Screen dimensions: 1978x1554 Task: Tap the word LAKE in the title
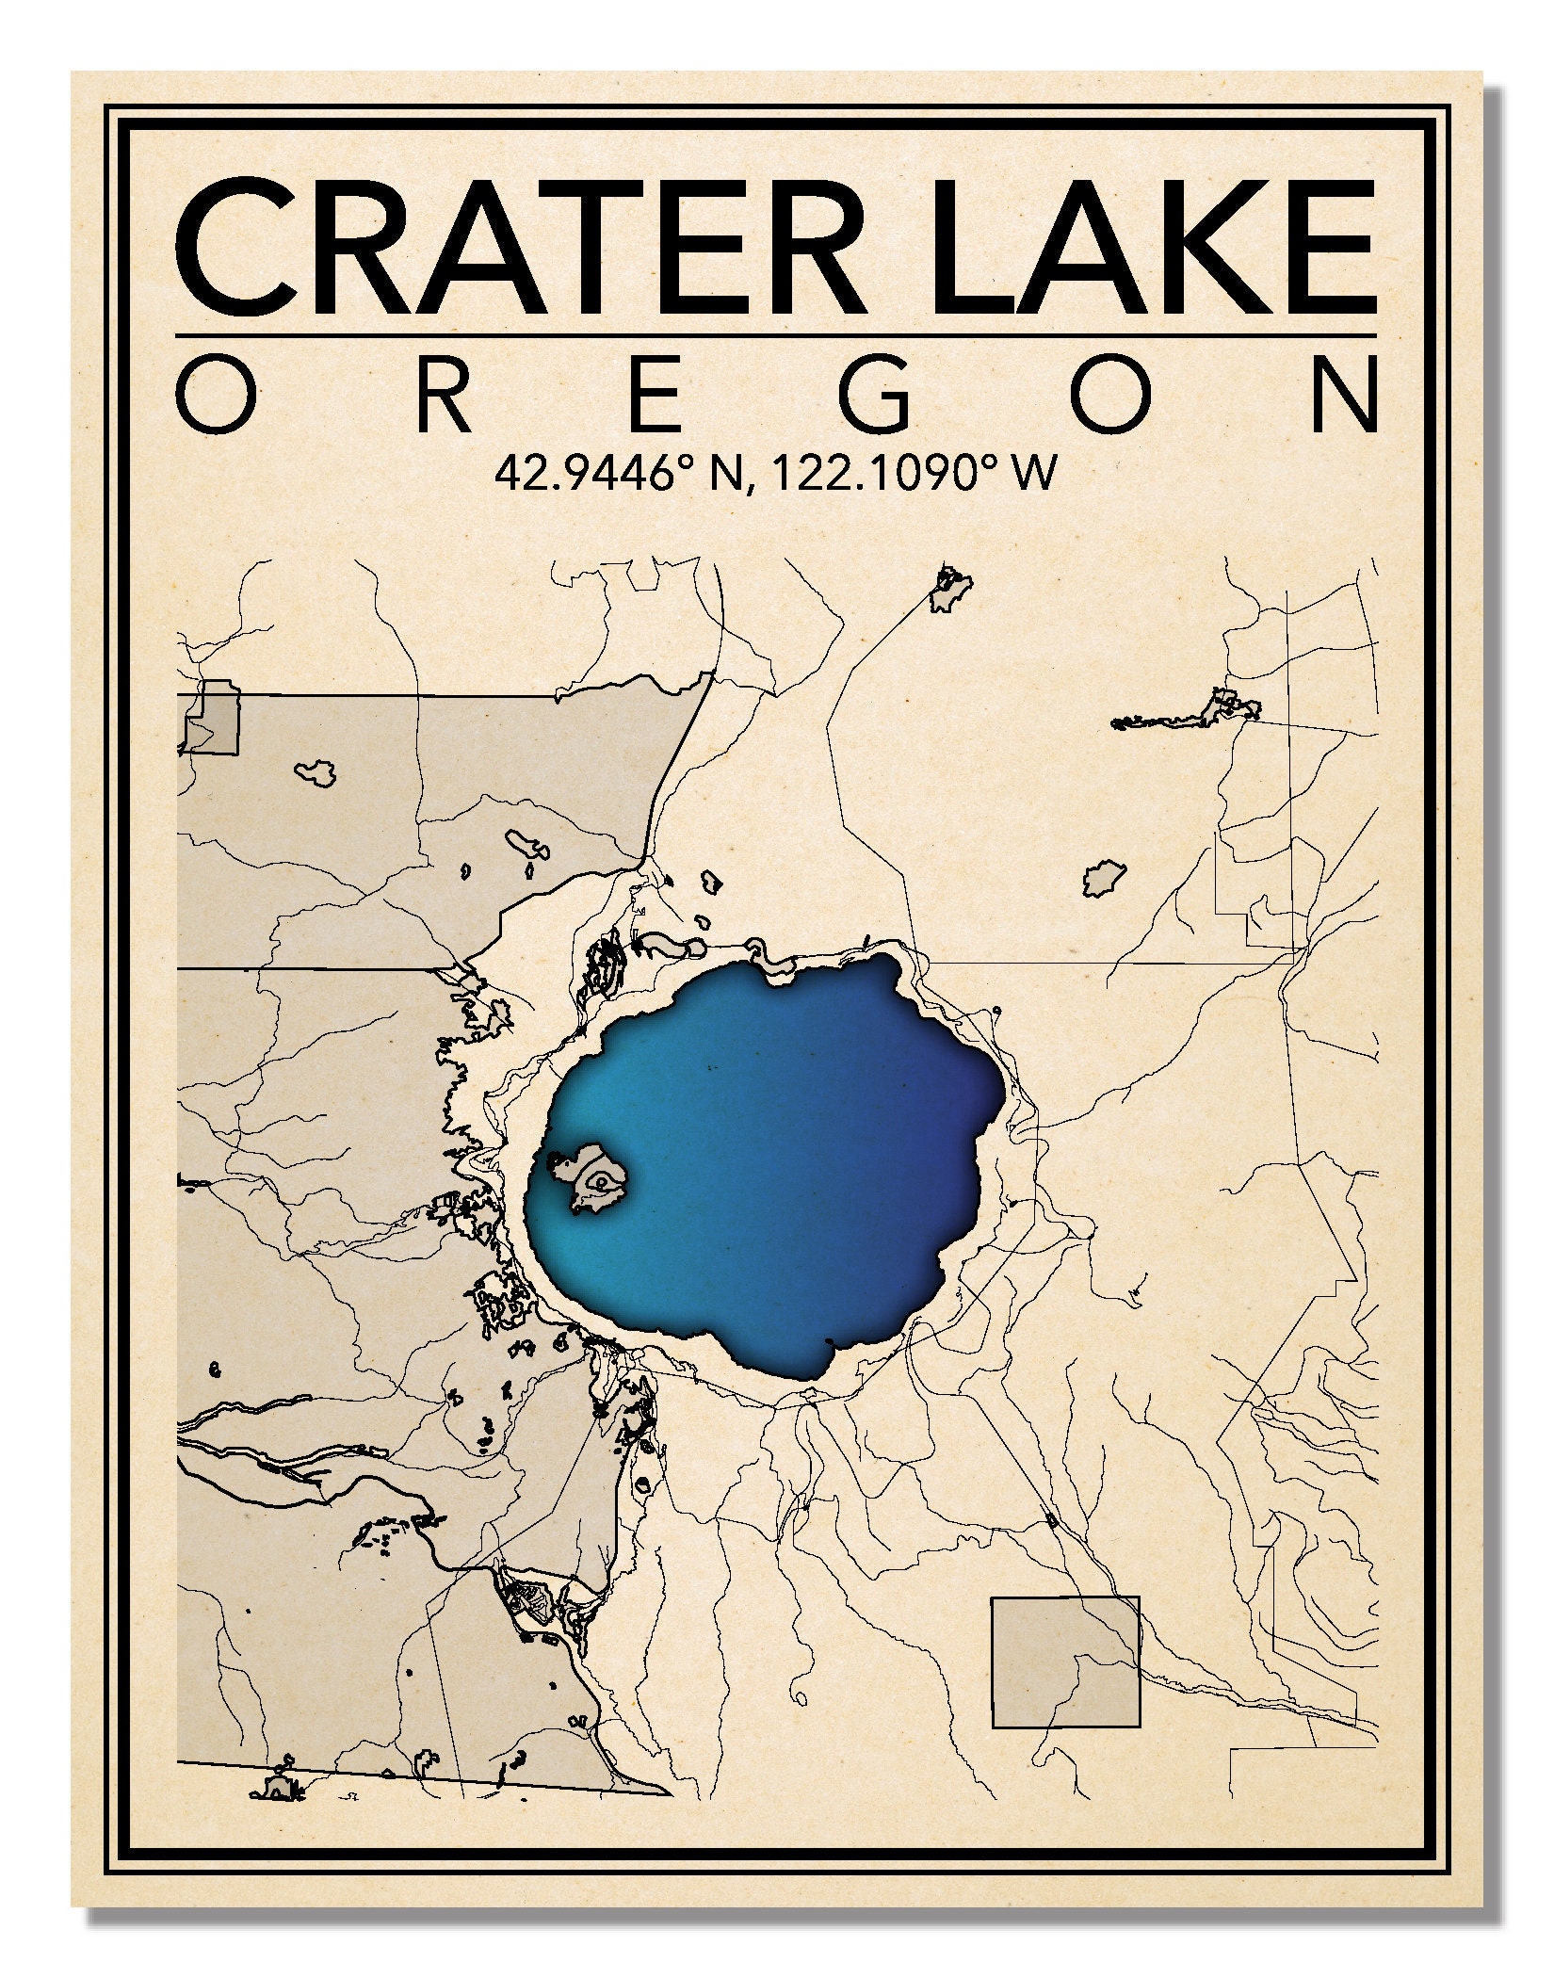pyautogui.click(x=1154, y=247)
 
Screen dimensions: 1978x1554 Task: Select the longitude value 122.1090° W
pyautogui.click(x=909, y=472)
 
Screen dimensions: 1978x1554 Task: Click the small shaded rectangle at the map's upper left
pyautogui.click(x=211, y=719)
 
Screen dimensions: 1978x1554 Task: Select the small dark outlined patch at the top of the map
pyautogui.click(x=951, y=592)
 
